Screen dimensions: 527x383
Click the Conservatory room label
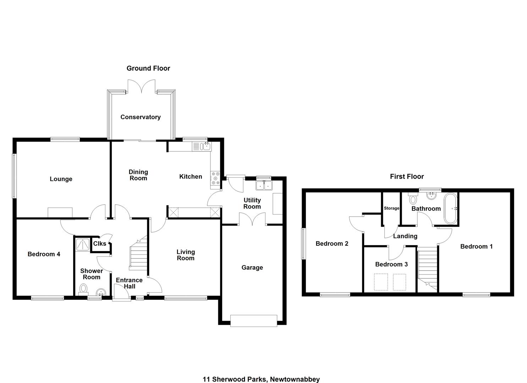tap(141, 117)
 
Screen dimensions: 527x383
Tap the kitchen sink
tap(202, 146)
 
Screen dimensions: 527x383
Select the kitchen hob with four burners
tap(215, 178)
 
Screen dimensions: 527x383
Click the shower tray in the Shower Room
tap(83, 245)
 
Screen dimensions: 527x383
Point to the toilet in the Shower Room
tap(83, 289)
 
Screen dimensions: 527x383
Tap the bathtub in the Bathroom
tap(450, 208)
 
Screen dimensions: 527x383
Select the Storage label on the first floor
tap(391, 208)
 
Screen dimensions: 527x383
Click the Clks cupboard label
tap(99, 244)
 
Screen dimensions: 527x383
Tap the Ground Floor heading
tap(148, 68)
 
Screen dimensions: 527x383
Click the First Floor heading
tap(407, 176)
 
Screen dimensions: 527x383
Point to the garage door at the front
tap(254, 321)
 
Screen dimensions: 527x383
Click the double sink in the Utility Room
tap(264, 185)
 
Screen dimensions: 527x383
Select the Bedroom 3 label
tap(391, 264)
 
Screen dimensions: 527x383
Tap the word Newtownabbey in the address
tap(295, 373)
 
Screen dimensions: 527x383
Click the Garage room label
tap(252, 267)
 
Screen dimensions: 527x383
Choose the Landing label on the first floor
tap(405, 236)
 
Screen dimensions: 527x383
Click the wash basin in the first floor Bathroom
tap(432, 196)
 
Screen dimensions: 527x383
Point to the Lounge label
tap(61, 179)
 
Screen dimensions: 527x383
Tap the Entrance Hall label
tap(129, 283)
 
